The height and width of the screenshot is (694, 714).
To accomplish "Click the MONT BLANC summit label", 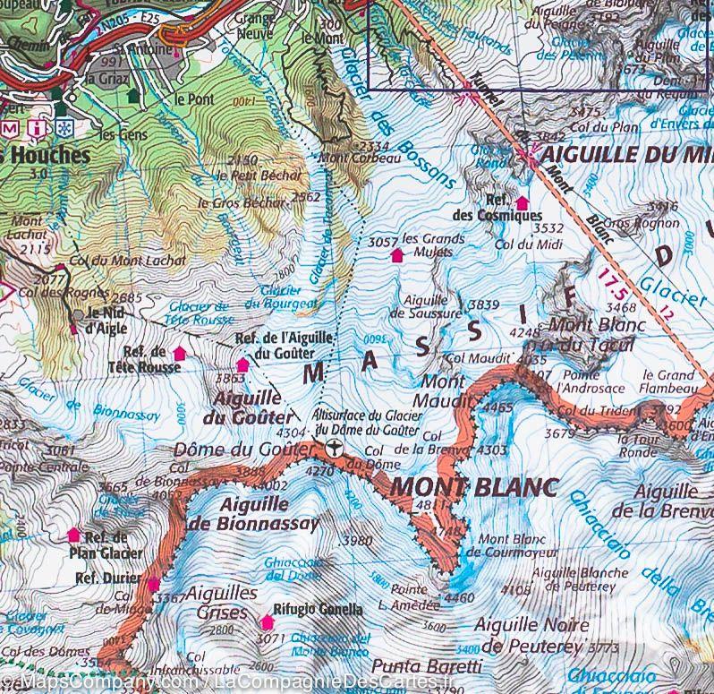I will pos(474,487).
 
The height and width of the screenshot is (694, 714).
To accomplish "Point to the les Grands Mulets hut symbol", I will pos(397,256).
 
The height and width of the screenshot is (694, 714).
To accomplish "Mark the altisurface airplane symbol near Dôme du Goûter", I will pos(334,448).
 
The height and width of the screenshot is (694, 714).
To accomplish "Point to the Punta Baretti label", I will pos(426,666).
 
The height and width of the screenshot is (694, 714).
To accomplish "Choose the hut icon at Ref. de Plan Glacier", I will pos(74,535).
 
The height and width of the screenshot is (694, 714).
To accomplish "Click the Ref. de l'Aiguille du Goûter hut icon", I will pos(242,365).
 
